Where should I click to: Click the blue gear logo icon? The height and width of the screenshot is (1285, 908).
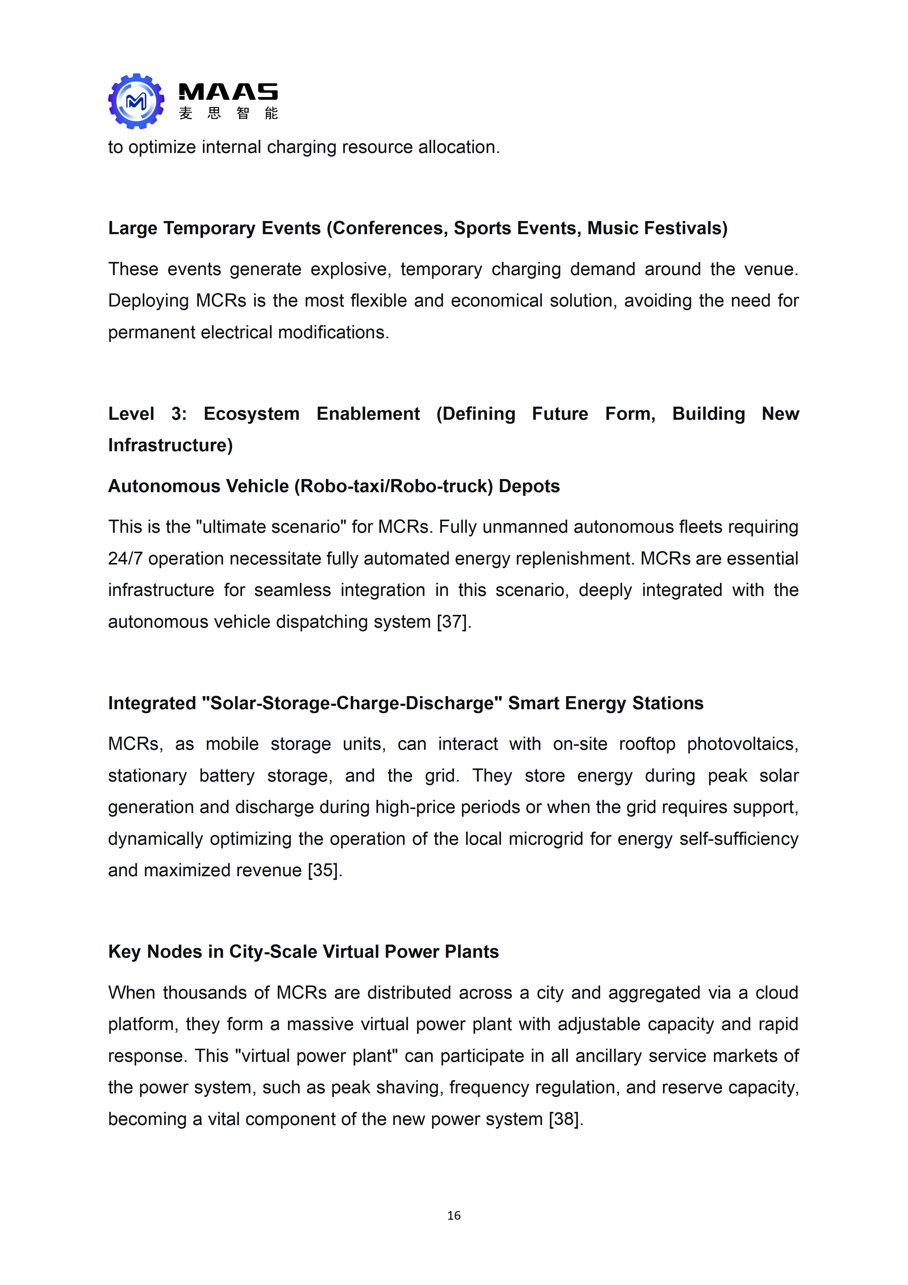136,101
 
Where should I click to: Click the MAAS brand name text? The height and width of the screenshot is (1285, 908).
228,92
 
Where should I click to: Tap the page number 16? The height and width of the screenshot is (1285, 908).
454,1215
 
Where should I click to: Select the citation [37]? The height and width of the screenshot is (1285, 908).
454,622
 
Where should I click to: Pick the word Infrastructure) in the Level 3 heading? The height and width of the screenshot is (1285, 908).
170,445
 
